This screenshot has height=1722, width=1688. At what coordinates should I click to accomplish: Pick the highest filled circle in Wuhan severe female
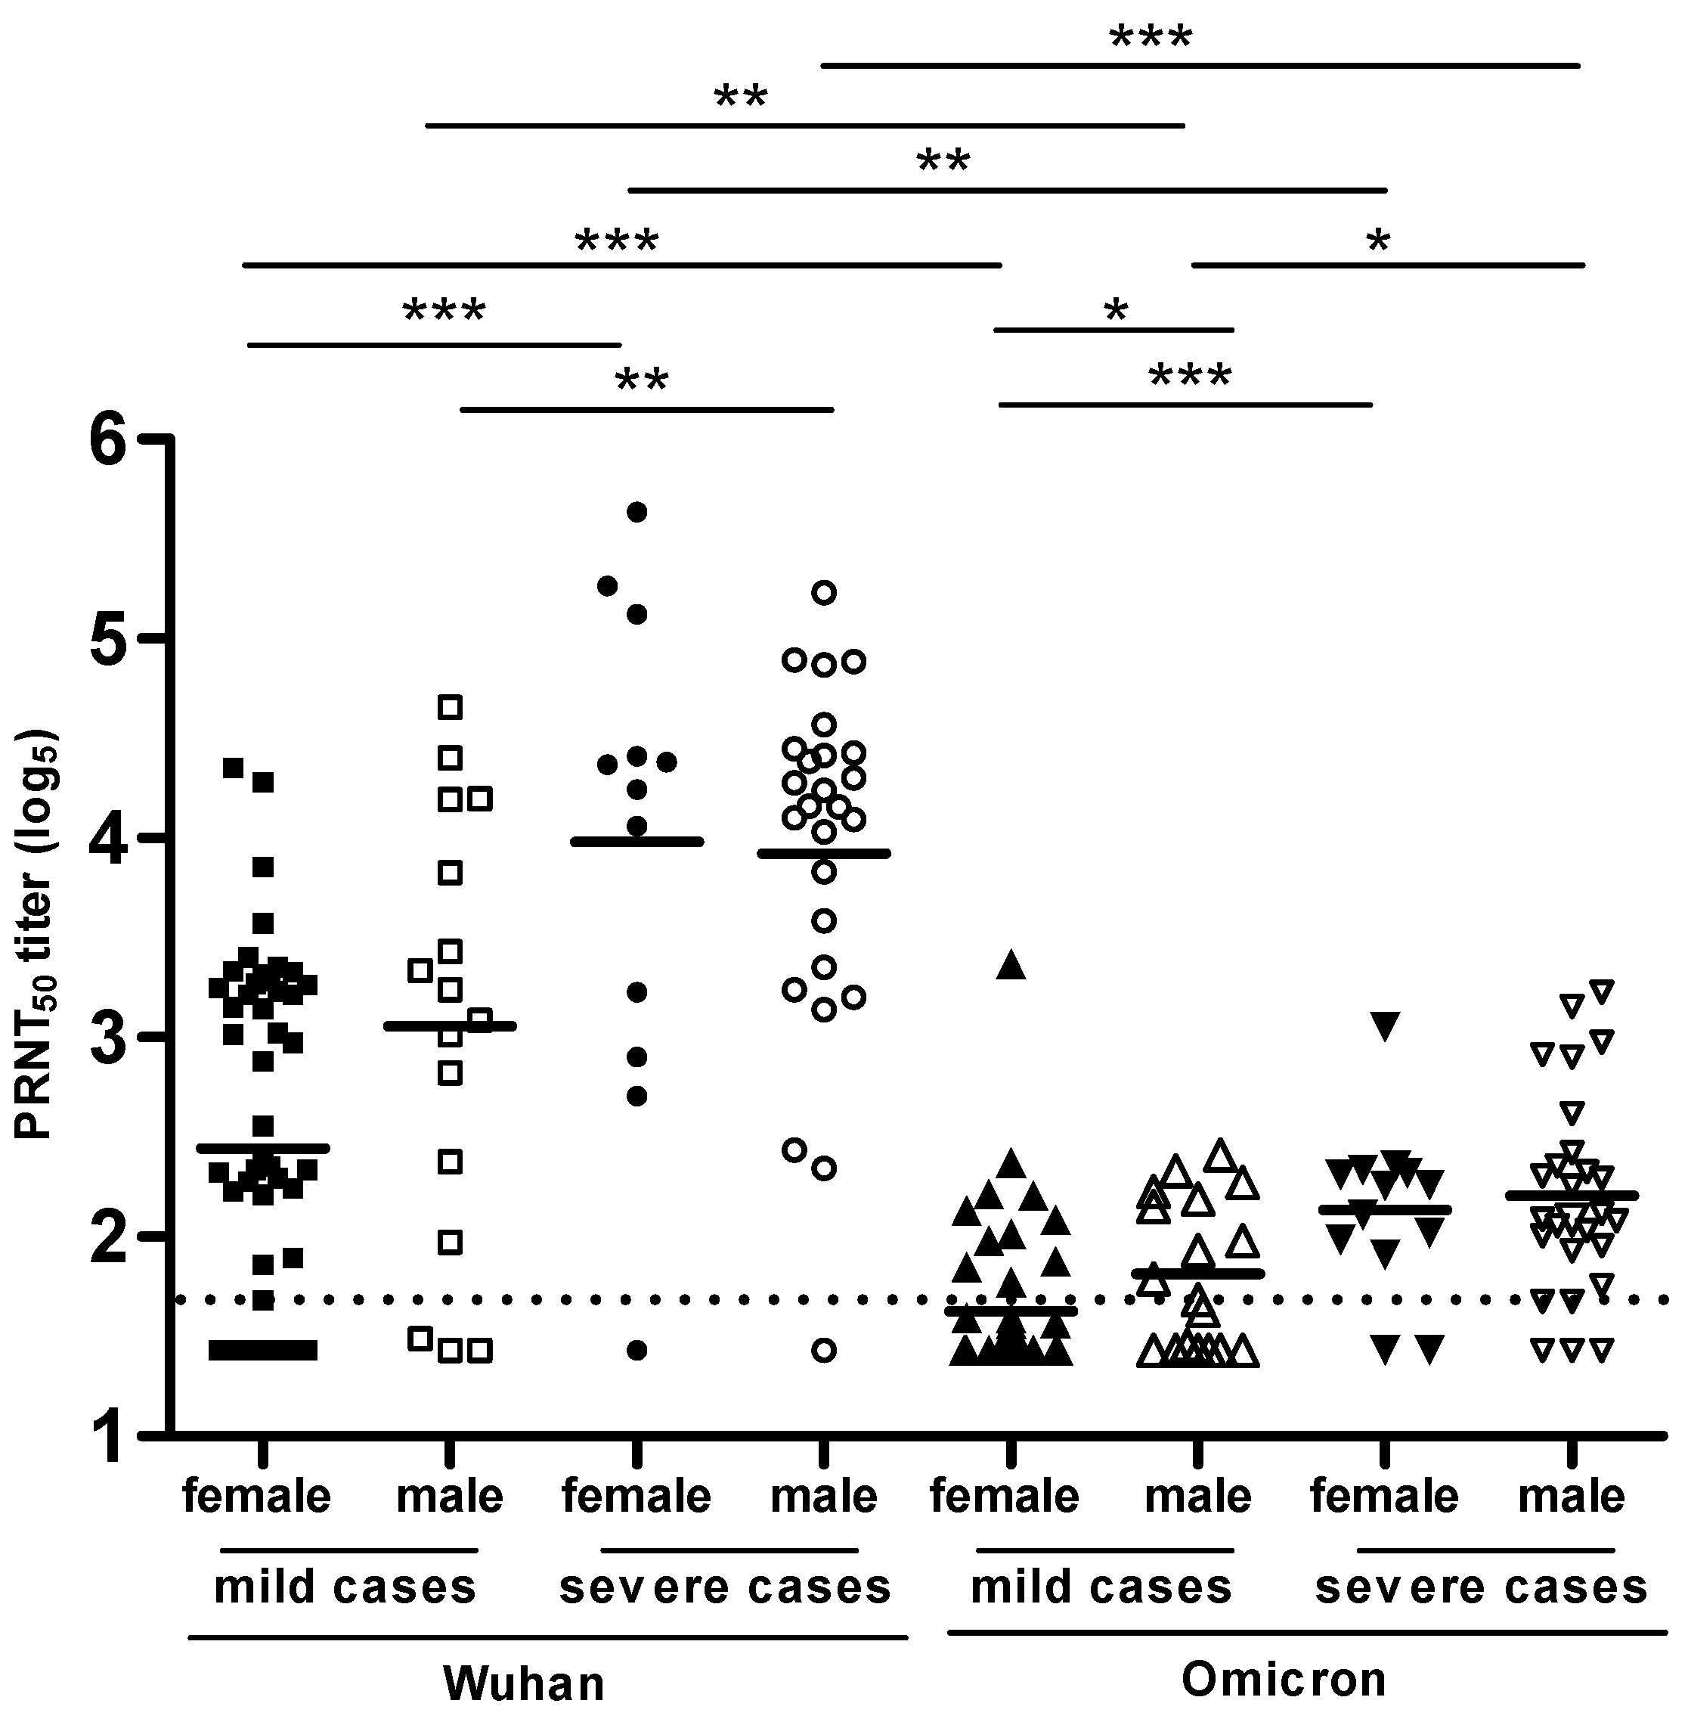tap(636, 512)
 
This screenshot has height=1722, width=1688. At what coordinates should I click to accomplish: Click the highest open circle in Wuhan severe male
tap(825, 592)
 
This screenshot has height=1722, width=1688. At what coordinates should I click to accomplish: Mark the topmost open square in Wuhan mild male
tap(451, 706)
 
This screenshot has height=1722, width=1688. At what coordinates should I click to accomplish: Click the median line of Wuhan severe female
tap(636, 841)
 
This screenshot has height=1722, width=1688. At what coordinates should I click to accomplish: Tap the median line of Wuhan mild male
tap(451, 1026)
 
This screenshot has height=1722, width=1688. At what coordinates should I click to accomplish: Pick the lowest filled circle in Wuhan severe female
tap(636, 1351)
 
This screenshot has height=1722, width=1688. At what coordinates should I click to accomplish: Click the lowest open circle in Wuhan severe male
tap(825, 1351)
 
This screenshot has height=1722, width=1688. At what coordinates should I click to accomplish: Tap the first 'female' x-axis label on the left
tap(257, 1497)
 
